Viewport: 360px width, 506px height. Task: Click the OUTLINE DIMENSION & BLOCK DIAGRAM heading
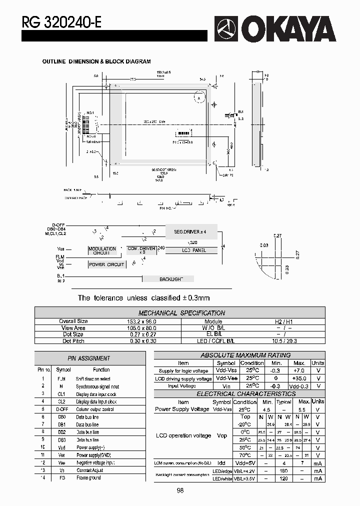pos(96,61)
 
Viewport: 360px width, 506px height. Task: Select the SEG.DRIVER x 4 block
pos(189,232)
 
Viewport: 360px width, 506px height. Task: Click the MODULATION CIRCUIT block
pos(102,250)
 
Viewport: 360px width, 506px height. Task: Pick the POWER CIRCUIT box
pos(106,264)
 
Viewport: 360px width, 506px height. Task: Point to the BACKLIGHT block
pos(171,279)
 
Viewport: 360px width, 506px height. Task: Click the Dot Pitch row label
pos(73,341)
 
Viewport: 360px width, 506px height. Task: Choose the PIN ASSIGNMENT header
pos(88,358)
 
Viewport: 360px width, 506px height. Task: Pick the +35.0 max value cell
pos(299,379)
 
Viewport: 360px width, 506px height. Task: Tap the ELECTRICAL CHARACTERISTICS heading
pos(239,394)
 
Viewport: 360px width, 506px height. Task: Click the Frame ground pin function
pos(88,478)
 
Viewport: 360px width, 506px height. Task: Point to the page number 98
pos(180,491)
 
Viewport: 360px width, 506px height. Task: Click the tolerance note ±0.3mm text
pos(143,298)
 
